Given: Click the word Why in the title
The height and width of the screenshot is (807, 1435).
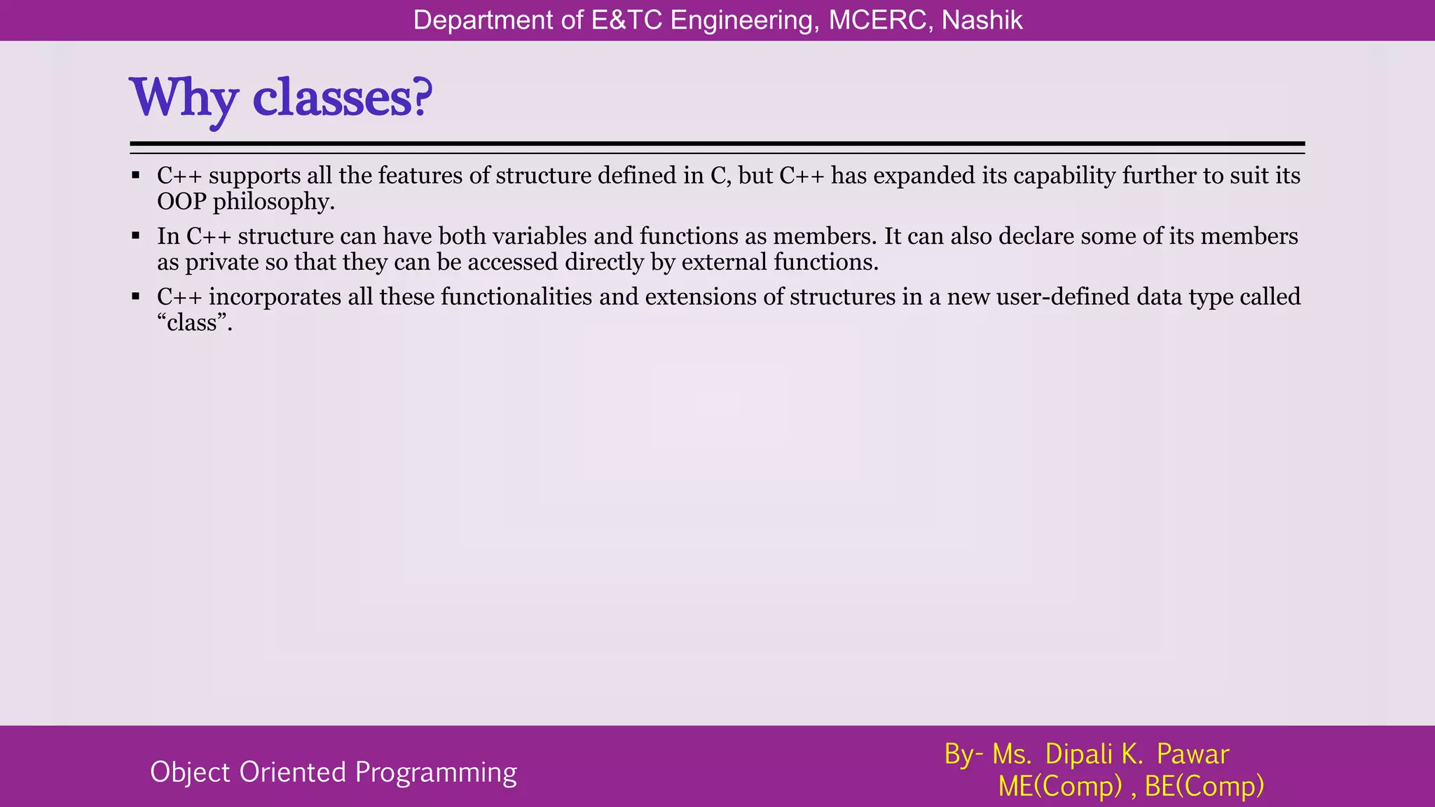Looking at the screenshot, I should click(184, 98).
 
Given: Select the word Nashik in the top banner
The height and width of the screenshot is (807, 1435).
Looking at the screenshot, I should click(982, 20).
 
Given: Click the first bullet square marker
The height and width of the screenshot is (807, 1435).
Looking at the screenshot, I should click(136, 175).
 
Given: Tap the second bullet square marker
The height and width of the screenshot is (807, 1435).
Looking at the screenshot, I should click(136, 236).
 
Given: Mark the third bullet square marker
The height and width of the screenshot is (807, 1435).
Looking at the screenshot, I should click(136, 297).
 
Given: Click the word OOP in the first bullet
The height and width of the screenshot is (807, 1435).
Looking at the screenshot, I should click(181, 202).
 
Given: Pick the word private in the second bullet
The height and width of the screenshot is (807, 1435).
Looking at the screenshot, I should click(222, 263).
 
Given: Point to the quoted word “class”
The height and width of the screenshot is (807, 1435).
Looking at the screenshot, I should click(194, 323).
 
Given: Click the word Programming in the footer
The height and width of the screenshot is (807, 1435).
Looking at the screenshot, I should click(436, 773).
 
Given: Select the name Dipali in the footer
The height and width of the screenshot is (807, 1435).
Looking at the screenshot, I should click(1079, 754).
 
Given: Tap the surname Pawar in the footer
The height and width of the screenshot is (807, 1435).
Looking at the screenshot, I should click(1193, 754).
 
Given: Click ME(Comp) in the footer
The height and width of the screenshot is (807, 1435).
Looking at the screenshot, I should click(1060, 787).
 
